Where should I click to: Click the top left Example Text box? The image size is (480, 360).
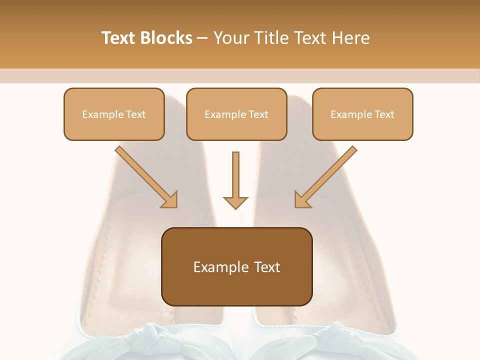pyautogui.click(x=114, y=114)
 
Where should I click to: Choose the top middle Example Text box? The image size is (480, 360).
pyautogui.click(x=236, y=114)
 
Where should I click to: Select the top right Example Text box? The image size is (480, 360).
pyautogui.click(x=362, y=114)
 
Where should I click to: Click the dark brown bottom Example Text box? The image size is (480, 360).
pyautogui.click(x=236, y=266)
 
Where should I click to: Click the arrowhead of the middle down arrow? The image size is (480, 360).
pyautogui.click(x=235, y=202)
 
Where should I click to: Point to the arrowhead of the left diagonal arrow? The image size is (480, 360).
pyautogui.click(x=170, y=200)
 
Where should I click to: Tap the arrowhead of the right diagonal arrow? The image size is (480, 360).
pyautogui.click(x=302, y=200)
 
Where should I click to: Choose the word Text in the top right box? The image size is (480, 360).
pyautogui.click(x=384, y=114)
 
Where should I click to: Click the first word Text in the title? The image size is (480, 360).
pyautogui.click(x=118, y=38)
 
